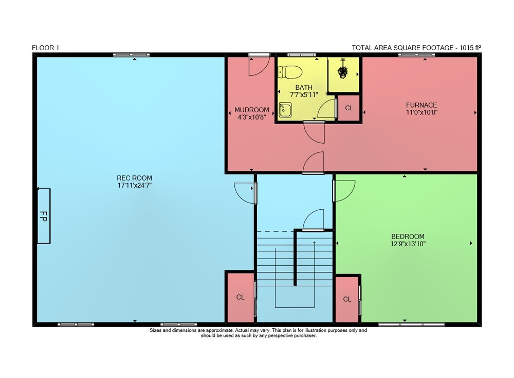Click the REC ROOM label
click(x=134, y=178)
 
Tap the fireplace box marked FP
click(x=44, y=216)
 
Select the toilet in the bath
click(x=290, y=72)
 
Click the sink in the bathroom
click(x=285, y=110)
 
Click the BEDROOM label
click(x=408, y=236)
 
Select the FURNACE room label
click(x=421, y=105)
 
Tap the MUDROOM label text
click(x=252, y=110)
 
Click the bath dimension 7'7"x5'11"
click(x=304, y=95)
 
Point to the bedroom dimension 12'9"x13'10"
click(x=408, y=244)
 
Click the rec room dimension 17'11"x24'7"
click(x=134, y=185)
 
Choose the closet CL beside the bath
click(x=349, y=108)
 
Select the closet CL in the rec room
click(x=240, y=297)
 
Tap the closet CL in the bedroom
click(x=347, y=299)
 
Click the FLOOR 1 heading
click(x=46, y=48)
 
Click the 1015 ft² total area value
click(x=470, y=48)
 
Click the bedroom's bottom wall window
click(x=411, y=325)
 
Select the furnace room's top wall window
click(x=417, y=55)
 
